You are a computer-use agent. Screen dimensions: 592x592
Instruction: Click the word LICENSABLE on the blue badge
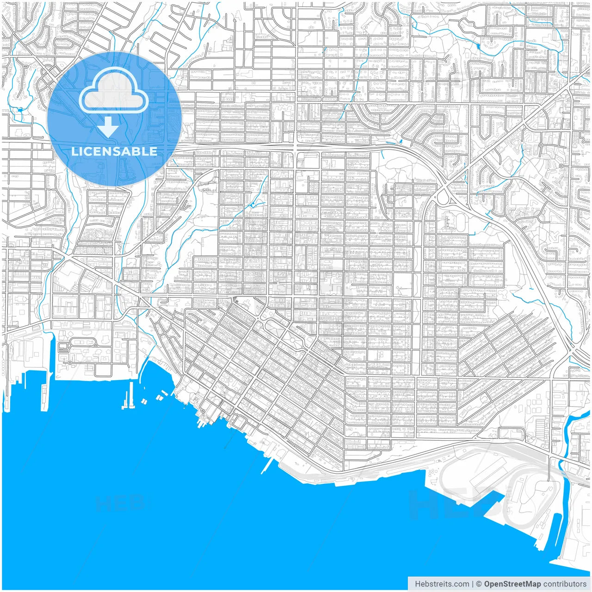[x=114, y=151]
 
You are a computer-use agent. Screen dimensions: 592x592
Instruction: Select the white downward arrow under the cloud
[x=109, y=127]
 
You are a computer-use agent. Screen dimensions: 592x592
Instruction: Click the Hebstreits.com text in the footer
[x=442, y=584]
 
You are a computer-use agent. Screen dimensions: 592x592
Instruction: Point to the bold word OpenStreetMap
[x=512, y=584]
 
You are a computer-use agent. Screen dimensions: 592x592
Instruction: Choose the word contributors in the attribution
[x=565, y=584]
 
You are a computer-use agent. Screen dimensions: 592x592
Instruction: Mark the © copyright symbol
[x=479, y=584]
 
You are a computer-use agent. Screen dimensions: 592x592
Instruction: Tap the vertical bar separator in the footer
[x=472, y=584]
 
